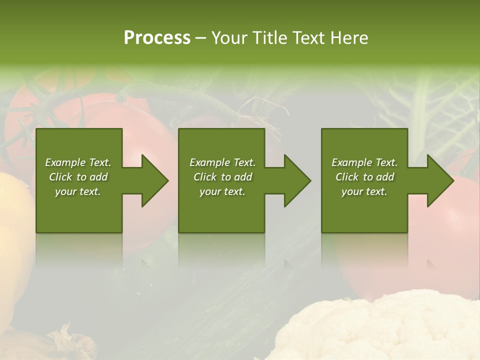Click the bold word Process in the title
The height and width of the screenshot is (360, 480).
pyautogui.click(x=157, y=38)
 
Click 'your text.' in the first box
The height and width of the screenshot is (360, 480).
pyautogui.click(x=78, y=191)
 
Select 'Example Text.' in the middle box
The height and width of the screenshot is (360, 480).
pyautogui.click(x=222, y=162)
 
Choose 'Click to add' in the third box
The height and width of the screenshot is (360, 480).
pyautogui.click(x=364, y=177)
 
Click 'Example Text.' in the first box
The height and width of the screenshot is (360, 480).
pyautogui.click(x=78, y=162)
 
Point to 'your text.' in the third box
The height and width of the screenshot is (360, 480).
pyautogui.click(x=364, y=191)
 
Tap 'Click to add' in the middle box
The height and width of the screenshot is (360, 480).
pyautogui.click(x=222, y=177)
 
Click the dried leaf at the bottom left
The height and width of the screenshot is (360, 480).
pyautogui.click(x=75, y=342)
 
